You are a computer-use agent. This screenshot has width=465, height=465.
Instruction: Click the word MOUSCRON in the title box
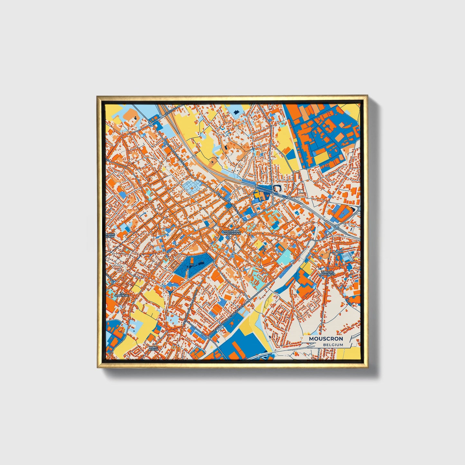(326, 339)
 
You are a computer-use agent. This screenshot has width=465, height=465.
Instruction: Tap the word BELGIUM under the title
(333, 345)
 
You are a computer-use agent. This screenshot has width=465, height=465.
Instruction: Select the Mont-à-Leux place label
(153, 349)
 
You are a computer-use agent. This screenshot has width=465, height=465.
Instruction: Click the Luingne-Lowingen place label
(328, 273)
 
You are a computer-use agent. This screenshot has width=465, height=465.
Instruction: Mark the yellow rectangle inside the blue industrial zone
(321, 158)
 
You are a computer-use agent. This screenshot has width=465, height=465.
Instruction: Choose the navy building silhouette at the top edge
(237, 112)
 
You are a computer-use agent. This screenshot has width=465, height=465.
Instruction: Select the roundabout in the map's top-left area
(151, 124)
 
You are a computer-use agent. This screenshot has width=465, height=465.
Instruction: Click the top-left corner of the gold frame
(98, 96)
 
